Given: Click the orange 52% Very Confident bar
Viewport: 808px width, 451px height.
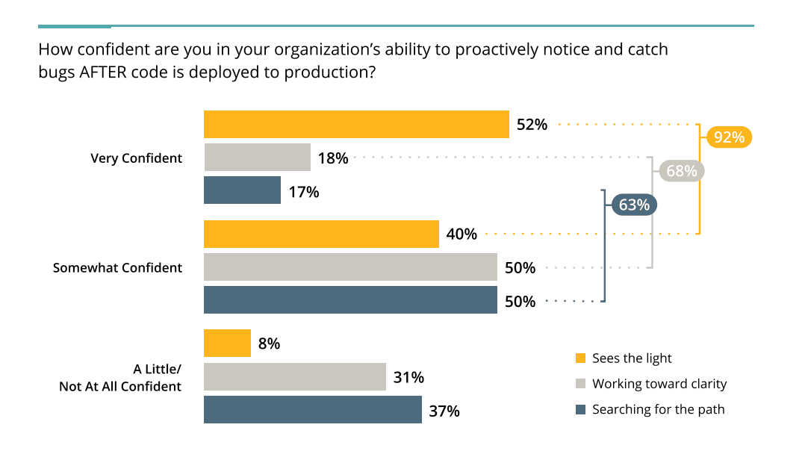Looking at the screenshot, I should point(356,124).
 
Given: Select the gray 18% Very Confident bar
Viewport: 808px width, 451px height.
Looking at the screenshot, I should point(257,158).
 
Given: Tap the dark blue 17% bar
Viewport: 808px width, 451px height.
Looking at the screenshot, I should point(242,190).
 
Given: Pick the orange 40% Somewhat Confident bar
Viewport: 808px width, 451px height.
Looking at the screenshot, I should point(321,234).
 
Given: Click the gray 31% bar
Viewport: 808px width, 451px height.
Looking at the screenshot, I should point(294,377).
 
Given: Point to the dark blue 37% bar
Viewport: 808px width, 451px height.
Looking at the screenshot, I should point(312,410).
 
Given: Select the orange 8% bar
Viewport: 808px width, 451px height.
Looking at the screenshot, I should point(227,343).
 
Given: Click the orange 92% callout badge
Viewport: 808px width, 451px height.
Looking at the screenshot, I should point(729,137).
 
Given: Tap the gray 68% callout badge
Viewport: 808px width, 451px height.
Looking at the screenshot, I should point(681,171).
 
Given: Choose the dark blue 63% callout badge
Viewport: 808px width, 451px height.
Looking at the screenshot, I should point(634,204).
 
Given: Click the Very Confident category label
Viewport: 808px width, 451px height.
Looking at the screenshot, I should point(136,158).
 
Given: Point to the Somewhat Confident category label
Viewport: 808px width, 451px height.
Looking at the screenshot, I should point(117,267).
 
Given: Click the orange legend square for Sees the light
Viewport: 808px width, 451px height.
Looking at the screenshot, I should point(580,358).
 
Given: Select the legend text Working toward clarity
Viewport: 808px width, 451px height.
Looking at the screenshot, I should point(659,384).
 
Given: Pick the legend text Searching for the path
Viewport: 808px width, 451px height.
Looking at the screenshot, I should point(658,409).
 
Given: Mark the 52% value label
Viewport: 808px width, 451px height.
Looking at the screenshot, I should point(532,125).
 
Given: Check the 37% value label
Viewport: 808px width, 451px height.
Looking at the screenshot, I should point(444,411).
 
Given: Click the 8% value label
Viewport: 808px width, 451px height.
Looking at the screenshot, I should point(269,343).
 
